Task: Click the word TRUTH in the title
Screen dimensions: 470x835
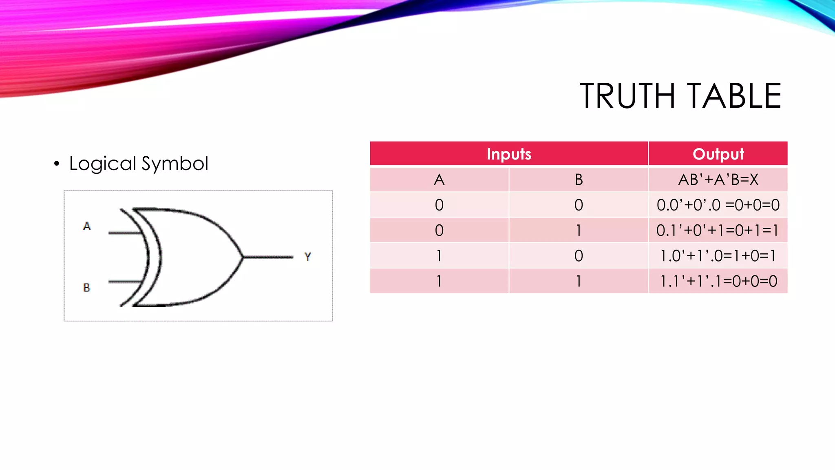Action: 627,96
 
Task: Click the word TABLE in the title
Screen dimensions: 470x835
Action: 733,96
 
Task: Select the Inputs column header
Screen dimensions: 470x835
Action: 509,154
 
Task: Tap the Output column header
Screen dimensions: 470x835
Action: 718,154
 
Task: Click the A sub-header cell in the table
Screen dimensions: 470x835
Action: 439,180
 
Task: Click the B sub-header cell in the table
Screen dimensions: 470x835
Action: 579,180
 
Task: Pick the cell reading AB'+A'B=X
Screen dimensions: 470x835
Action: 718,180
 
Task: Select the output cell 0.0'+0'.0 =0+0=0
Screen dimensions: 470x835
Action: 718,205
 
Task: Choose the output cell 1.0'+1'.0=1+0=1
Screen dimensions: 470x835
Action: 718,256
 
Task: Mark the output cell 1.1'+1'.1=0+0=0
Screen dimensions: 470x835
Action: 718,281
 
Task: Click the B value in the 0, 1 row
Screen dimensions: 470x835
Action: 579,231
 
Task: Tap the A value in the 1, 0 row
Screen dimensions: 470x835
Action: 439,256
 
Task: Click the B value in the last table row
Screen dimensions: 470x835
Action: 579,281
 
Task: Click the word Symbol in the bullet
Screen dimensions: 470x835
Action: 175,164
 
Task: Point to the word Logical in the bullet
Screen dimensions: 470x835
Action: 103,164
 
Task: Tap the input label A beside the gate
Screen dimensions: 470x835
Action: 87,226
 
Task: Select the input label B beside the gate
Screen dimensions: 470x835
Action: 86,288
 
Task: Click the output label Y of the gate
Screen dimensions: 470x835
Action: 308,257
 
